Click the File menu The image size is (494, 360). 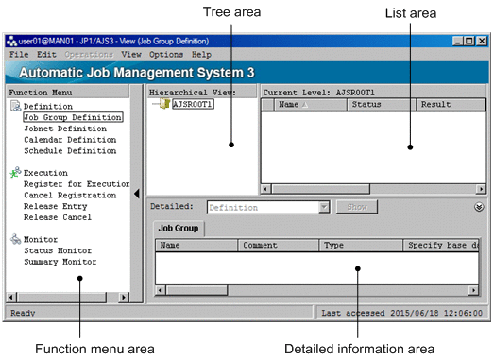pyautogui.click(x=19, y=55)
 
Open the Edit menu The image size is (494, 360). pyautogui.click(x=46, y=55)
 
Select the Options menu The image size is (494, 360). pyautogui.click(x=160, y=55)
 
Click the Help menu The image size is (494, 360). pyautogui.click(x=201, y=55)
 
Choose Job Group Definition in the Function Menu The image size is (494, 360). pyautogui.click(x=73, y=118)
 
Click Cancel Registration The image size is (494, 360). pyautogui.click(x=70, y=195)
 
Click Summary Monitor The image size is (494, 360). pyautogui.click(x=61, y=261)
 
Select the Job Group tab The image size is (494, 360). pyautogui.click(x=178, y=228)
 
